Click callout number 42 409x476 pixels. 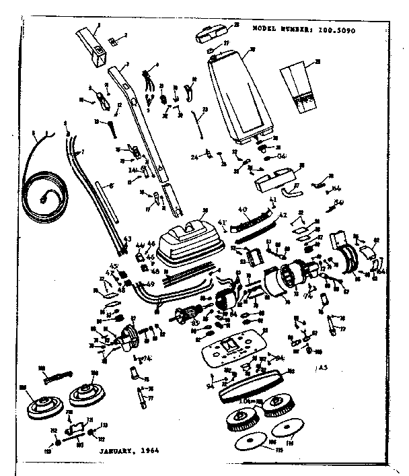282,215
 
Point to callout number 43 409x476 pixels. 127,238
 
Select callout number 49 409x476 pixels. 149,283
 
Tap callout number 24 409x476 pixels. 194,158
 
